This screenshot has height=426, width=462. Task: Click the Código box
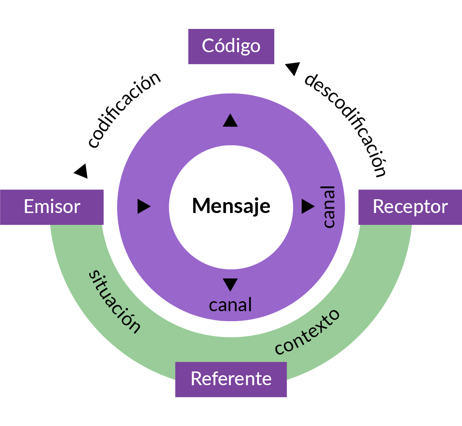(x=231, y=46)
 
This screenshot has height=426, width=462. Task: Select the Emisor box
(x=52, y=207)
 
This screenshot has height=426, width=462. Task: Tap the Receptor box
(x=410, y=207)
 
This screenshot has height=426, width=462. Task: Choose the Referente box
(x=231, y=379)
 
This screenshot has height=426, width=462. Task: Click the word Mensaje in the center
(x=231, y=206)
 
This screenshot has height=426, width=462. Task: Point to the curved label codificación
(x=124, y=110)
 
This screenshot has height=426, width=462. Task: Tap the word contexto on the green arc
(x=307, y=332)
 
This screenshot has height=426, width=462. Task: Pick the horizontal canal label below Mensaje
(x=230, y=305)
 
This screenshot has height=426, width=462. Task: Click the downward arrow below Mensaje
(x=230, y=284)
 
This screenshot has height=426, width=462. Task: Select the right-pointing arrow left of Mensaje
(x=144, y=206)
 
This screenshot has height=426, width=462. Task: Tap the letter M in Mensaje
(x=200, y=206)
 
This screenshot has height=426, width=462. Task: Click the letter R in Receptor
(x=378, y=207)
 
